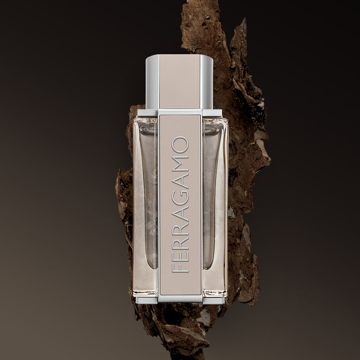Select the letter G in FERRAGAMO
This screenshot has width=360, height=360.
tap(180, 197)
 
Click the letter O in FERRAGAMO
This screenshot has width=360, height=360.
tap(180, 145)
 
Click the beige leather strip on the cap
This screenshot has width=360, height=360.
tap(179, 82)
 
